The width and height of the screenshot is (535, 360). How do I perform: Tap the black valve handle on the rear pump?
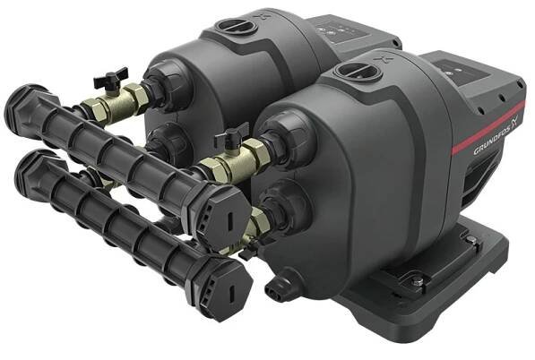(x=110, y=77)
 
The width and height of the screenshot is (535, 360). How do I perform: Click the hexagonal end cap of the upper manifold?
(x=226, y=216)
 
